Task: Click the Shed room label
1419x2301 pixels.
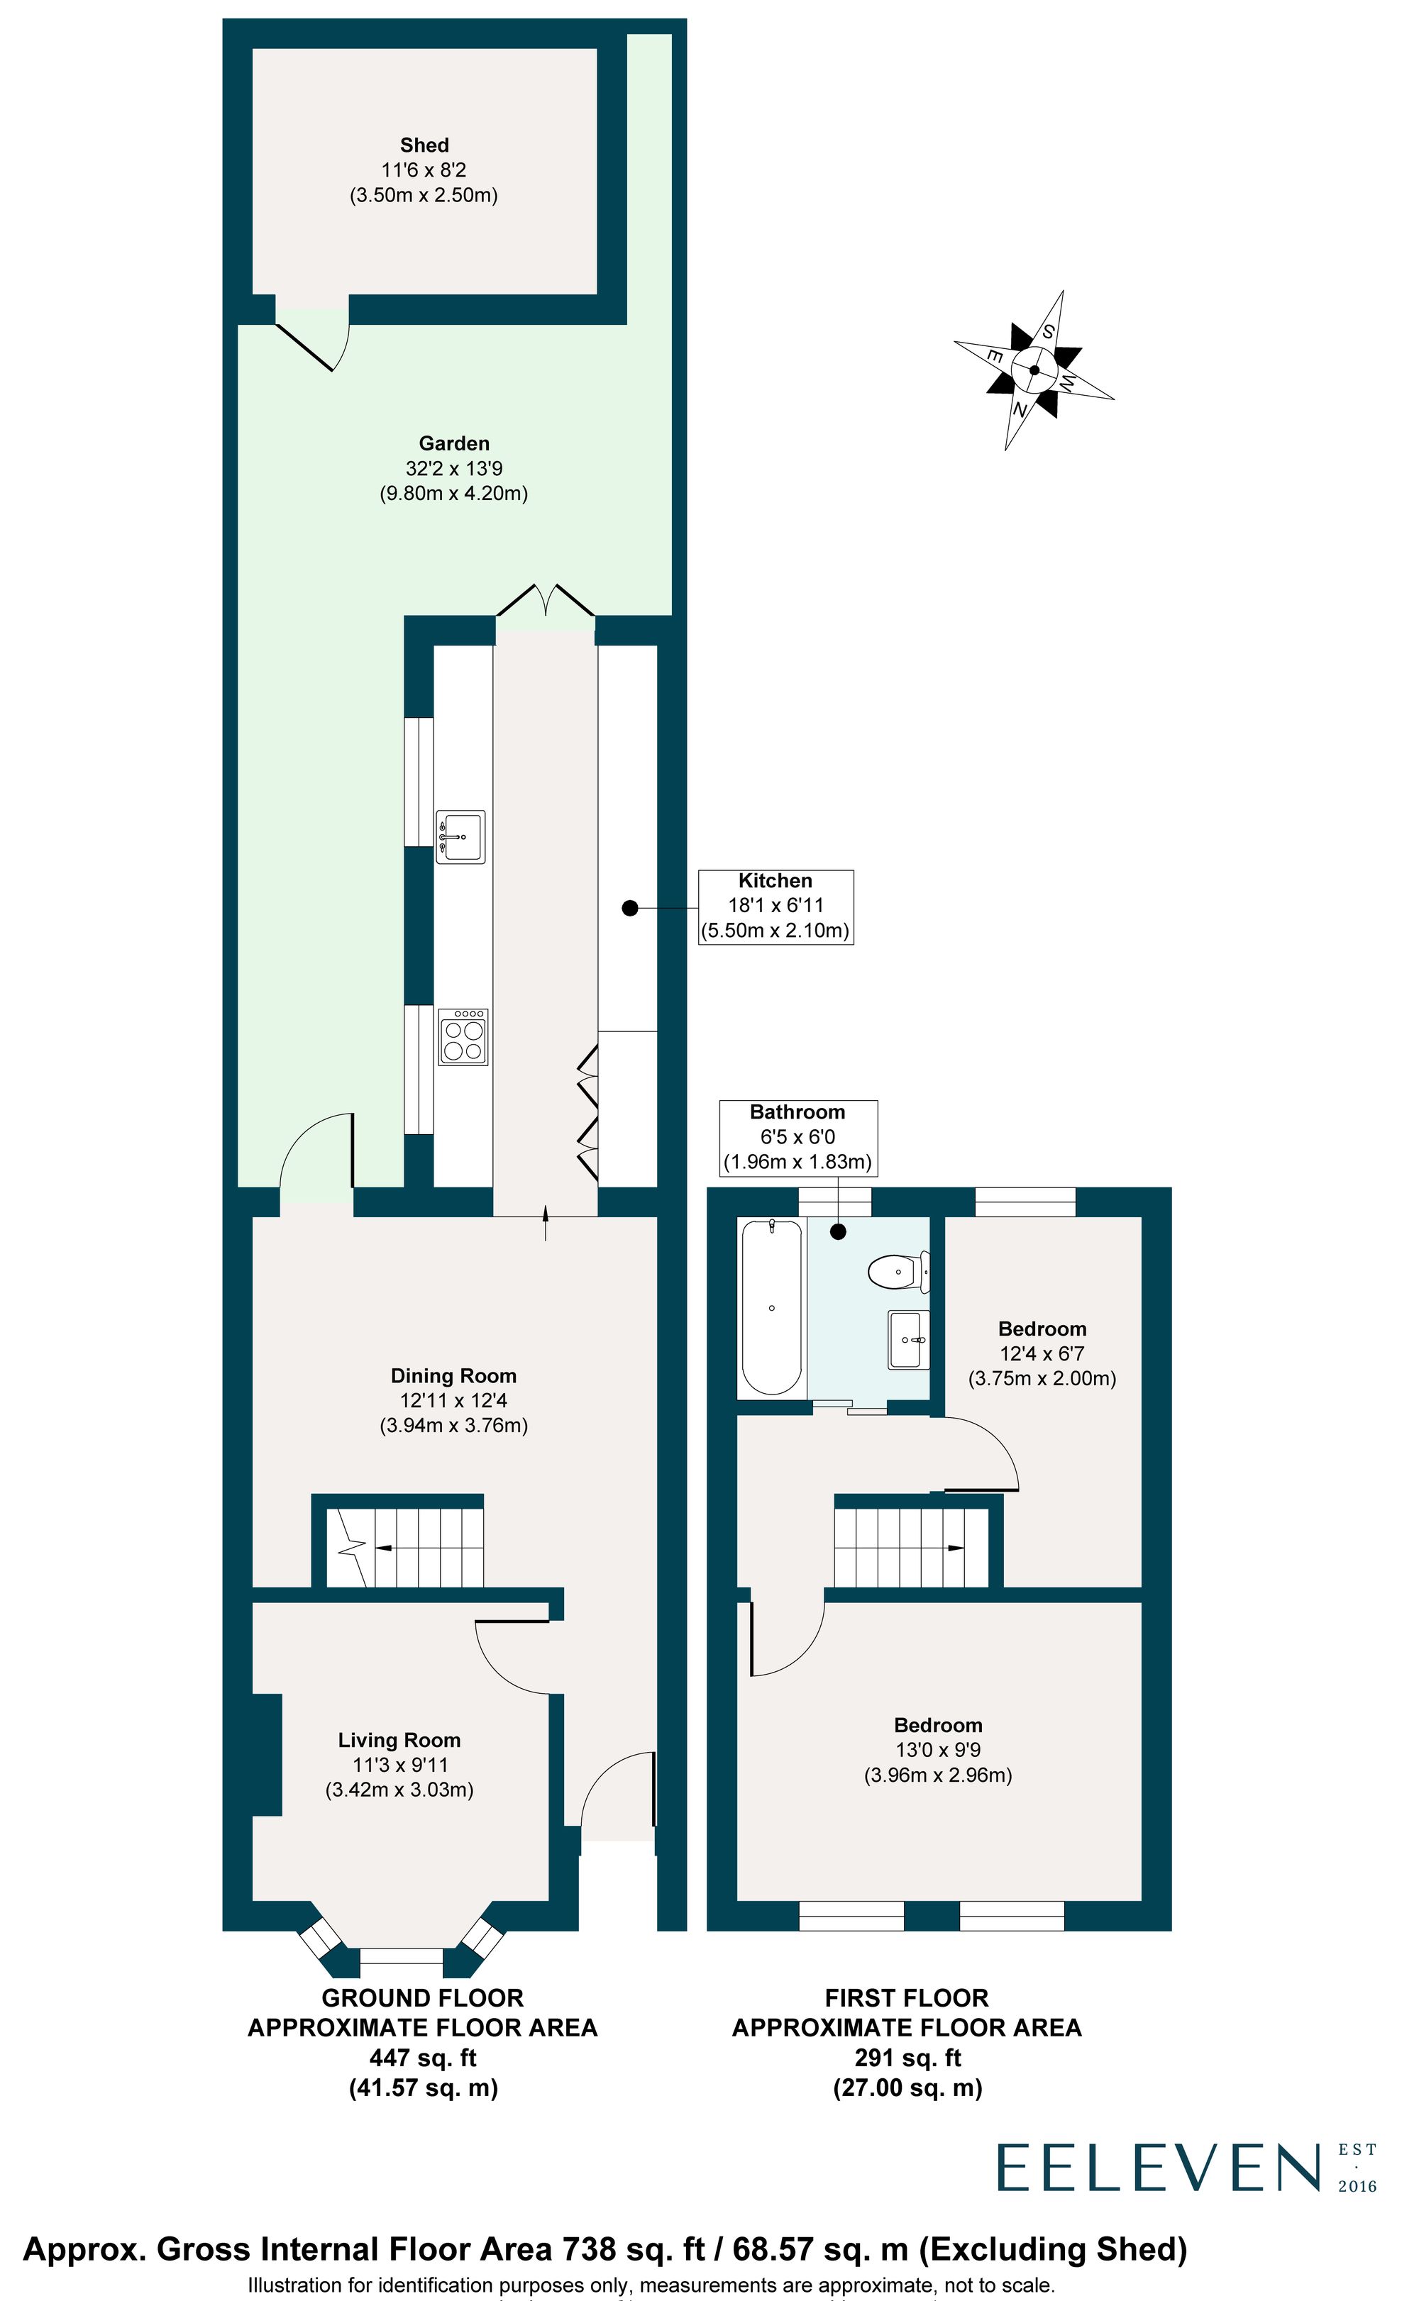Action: coord(424,146)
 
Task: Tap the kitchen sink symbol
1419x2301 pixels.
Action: coord(460,837)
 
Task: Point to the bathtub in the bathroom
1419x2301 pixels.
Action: coord(771,1307)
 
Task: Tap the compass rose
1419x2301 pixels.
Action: coord(1034,370)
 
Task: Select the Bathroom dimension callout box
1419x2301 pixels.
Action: coord(797,1137)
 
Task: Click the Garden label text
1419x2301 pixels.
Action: coord(454,444)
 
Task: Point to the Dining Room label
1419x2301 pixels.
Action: coord(453,1376)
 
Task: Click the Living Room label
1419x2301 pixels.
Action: coord(399,1741)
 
